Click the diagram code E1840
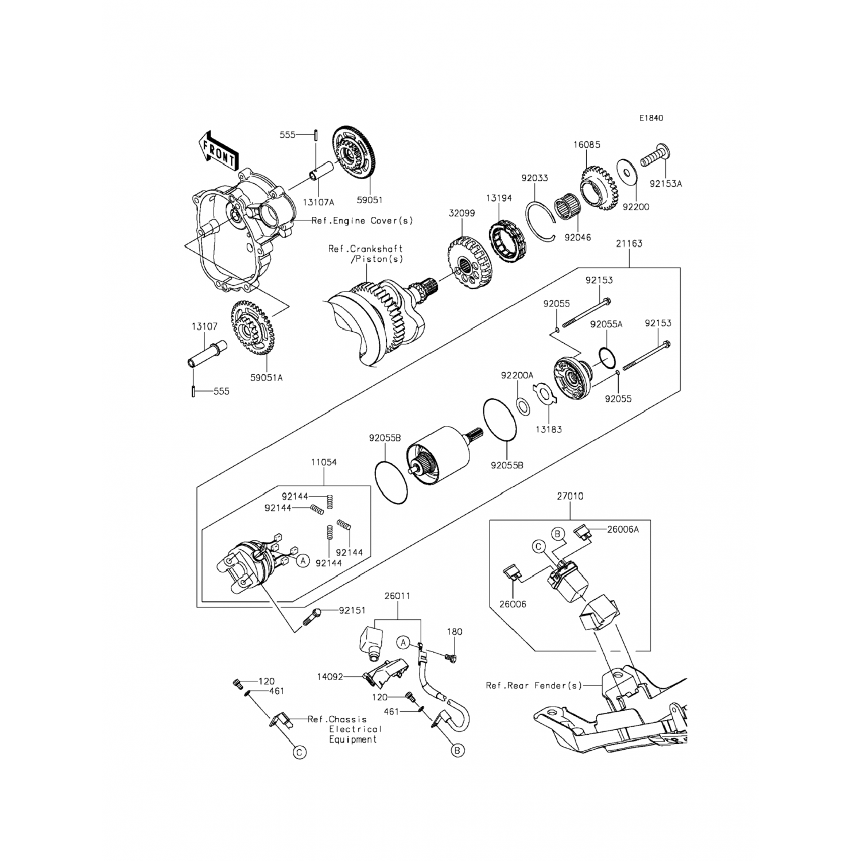coord(651,118)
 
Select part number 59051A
coord(266,378)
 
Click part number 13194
coord(499,198)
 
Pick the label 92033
coord(534,178)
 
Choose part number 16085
coord(587,145)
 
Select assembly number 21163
coord(629,243)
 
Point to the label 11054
coord(324,462)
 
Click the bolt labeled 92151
coord(313,617)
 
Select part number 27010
coord(570,496)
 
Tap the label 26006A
coord(623,529)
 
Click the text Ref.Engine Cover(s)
coord(362,220)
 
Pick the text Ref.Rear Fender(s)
coord(534,685)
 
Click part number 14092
coord(329,677)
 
